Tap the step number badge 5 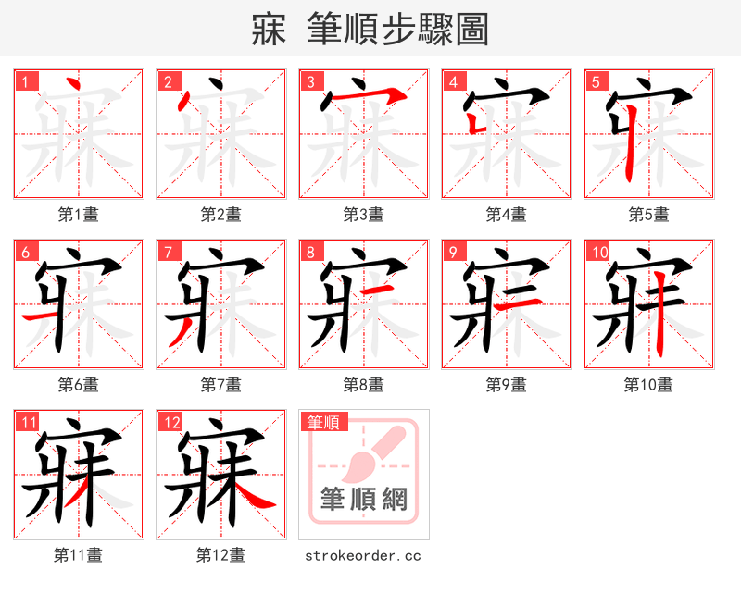point(597,81)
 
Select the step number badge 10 point(599,252)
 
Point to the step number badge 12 point(171,422)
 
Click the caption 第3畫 point(363,215)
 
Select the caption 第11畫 point(78,555)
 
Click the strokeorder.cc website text point(363,555)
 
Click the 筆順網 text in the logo point(363,500)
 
